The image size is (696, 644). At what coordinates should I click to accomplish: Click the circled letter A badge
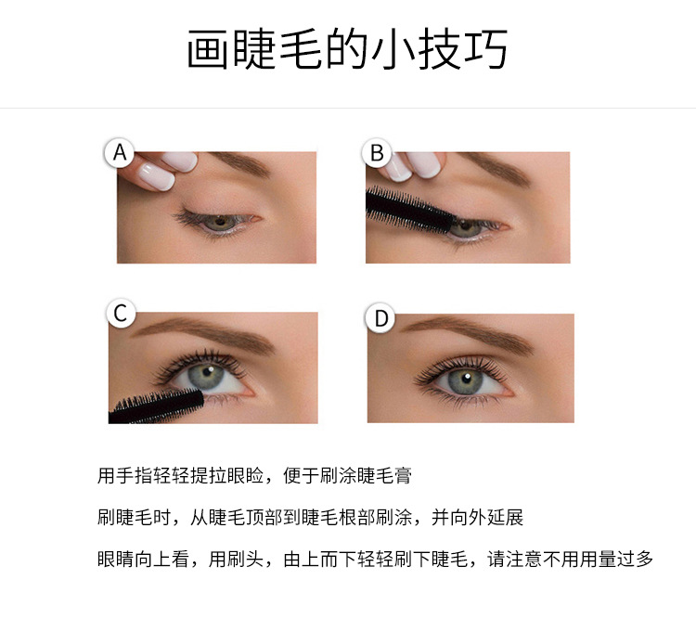[120, 153]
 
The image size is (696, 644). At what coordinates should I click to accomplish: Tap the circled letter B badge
[377, 153]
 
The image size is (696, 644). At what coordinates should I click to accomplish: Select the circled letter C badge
[121, 313]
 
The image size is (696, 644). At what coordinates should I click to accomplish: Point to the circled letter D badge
[380, 317]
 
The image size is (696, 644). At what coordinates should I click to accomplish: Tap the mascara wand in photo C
[156, 406]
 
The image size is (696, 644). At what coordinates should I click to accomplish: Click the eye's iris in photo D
[465, 381]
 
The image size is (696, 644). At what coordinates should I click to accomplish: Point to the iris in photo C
[206, 377]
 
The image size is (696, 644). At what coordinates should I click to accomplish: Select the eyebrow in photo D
[469, 332]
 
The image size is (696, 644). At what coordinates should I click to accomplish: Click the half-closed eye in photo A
[218, 220]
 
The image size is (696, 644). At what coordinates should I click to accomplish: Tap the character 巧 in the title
[486, 49]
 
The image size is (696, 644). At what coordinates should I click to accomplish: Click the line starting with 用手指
[255, 476]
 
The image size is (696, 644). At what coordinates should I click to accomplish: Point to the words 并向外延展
[478, 518]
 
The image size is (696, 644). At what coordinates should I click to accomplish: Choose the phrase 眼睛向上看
[143, 559]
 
